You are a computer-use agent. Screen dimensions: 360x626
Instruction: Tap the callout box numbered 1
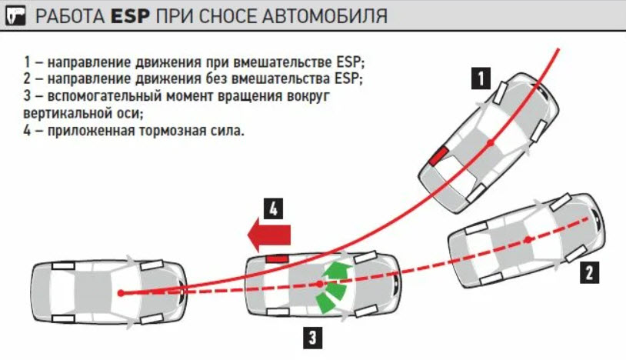(x=481, y=78)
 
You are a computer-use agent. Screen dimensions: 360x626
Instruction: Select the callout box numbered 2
(x=588, y=271)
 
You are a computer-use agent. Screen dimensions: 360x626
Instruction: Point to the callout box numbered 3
(x=311, y=336)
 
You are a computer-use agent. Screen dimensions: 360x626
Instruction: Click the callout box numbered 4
(x=275, y=208)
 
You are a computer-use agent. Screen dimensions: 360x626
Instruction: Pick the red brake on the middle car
(x=276, y=259)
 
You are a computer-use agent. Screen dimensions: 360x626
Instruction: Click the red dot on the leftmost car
(x=121, y=292)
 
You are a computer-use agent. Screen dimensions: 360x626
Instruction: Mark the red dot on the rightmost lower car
(x=529, y=241)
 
